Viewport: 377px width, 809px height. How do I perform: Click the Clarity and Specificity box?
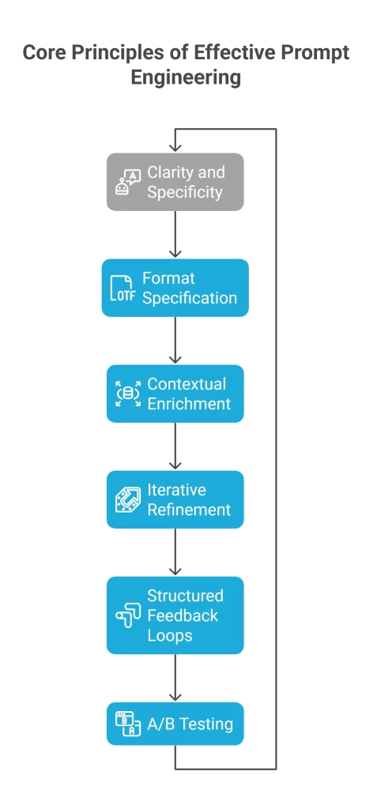175,182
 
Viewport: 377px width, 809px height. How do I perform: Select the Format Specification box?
175,288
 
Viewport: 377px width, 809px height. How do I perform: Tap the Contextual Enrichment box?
175,393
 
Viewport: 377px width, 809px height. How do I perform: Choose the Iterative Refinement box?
175,499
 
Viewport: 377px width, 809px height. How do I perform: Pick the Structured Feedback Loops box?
175,615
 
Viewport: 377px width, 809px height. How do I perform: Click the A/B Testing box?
175,724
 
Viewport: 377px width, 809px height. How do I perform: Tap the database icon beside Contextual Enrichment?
127,394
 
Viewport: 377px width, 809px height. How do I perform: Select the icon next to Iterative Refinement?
127,500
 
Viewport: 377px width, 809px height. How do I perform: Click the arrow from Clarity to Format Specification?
175,235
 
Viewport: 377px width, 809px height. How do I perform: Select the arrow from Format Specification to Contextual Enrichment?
175,341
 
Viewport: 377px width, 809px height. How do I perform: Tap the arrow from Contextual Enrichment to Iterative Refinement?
175,446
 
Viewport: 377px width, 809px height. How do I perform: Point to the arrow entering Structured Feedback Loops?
175,552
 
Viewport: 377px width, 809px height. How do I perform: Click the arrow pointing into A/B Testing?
175,678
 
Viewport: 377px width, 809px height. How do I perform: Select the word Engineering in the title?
186,77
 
